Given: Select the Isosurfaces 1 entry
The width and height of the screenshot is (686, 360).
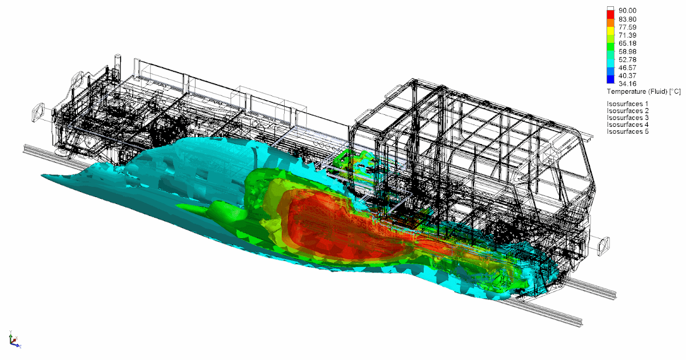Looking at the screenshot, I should (x=628, y=103).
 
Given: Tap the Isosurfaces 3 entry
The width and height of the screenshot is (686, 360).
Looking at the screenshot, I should (x=628, y=118).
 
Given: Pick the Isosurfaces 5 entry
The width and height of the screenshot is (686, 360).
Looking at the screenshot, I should (x=628, y=132).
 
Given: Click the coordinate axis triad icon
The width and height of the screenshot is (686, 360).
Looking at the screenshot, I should (x=14, y=341).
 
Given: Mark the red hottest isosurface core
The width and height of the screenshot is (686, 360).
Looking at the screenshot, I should (x=332, y=223).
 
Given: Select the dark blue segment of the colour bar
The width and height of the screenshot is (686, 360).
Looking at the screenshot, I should (x=611, y=79).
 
